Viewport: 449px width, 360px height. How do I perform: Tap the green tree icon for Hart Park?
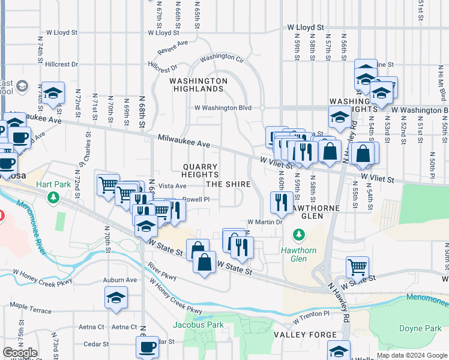[54, 196]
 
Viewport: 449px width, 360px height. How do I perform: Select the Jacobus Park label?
[198, 325]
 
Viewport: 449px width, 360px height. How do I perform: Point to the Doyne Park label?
[420, 328]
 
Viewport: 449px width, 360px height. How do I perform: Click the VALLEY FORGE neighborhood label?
[298, 334]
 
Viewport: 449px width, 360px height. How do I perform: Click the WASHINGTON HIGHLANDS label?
[198, 85]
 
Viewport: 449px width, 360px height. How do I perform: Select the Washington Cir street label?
[222, 58]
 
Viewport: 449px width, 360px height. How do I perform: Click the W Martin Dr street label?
[265, 222]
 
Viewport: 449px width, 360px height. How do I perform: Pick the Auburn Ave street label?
[120, 280]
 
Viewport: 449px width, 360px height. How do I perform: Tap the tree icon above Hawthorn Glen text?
[295, 233]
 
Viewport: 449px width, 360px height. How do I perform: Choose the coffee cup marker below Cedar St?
[147, 346]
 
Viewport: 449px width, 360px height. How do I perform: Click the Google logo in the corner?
[20, 353]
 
